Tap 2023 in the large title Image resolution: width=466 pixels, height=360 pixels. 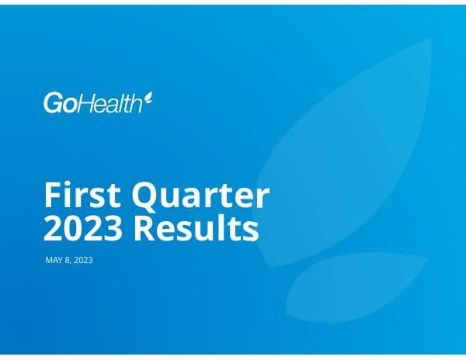pyautogui.click(x=82, y=230)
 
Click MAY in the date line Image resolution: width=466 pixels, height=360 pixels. pyautogui.click(x=55, y=261)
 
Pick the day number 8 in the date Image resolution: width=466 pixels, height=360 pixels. pyautogui.click(x=69, y=261)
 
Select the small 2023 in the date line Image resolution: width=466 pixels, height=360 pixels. pyautogui.click(x=83, y=261)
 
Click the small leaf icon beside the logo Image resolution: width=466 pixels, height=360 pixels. pyautogui.click(x=148, y=99)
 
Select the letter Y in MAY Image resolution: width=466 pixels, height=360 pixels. pyautogui.click(x=61, y=261)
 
